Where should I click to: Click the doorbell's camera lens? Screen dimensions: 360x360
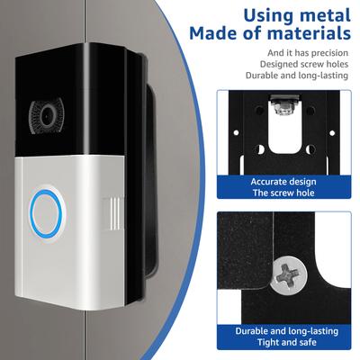47,116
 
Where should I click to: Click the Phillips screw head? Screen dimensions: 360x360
288,274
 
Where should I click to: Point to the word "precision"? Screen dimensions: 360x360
329,53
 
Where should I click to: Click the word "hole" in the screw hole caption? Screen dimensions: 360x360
305,193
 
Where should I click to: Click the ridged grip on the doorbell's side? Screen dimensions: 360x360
113,213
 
